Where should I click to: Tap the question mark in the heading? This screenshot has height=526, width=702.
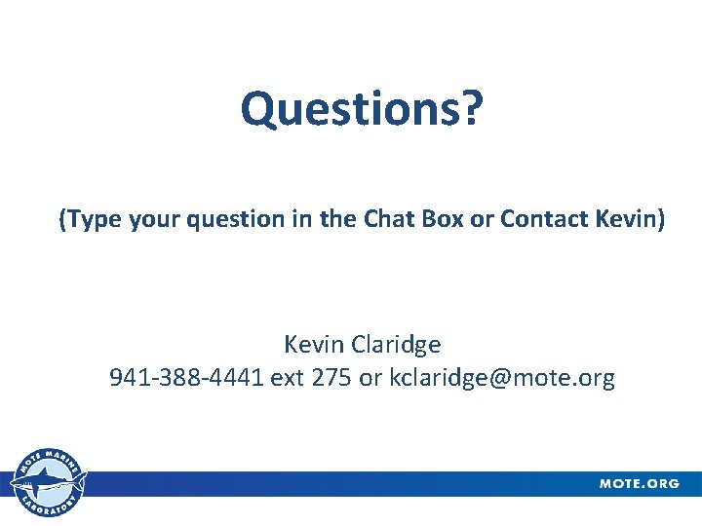tap(472, 109)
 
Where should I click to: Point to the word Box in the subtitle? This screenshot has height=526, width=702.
tap(443, 220)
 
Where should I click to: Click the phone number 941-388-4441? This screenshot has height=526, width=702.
tap(186, 378)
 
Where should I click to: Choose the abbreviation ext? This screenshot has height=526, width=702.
tap(288, 378)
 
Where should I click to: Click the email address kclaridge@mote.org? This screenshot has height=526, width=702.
tap(502, 378)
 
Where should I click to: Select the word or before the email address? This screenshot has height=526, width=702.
tap(370, 378)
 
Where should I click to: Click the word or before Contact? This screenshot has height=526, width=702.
tap(482, 220)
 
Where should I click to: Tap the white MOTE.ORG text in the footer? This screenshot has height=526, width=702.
tap(640, 484)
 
